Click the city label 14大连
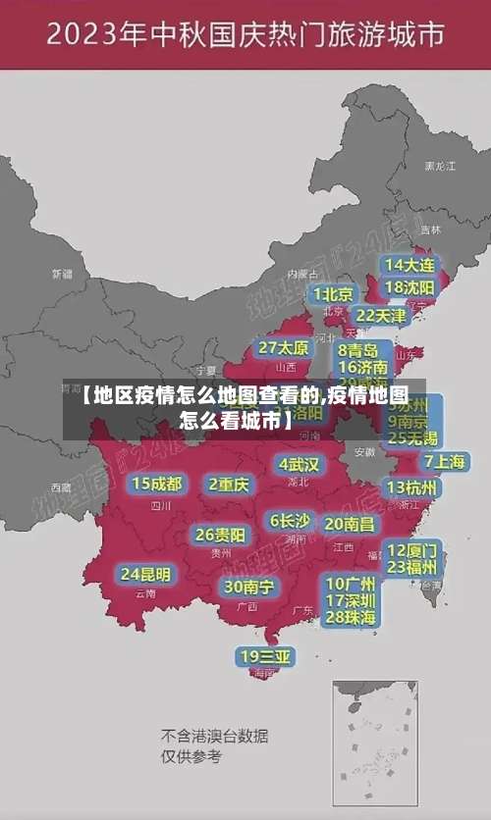(x=409, y=265)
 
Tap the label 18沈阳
(x=409, y=287)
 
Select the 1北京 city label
(x=333, y=294)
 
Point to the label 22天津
(x=380, y=316)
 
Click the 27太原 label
(x=283, y=348)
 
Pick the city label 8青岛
(x=358, y=350)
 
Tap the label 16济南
(x=363, y=367)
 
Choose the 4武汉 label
(x=299, y=464)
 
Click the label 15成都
(x=157, y=484)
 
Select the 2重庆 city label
(x=229, y=485)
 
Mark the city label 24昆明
(x=145, y=574)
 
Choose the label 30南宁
(x=249, y=587)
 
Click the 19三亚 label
(x=265, y=656)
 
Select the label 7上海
(x=444, y=461)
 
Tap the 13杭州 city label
(x=412, y=487)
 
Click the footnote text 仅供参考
(x=191, y=756)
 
